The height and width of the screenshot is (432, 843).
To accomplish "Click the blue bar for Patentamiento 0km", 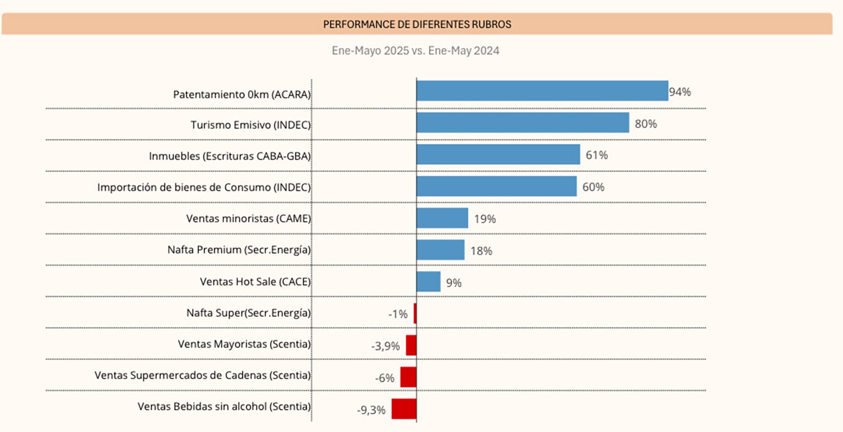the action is (542, 91).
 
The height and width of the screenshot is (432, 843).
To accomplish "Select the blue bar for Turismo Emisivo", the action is (522, 123).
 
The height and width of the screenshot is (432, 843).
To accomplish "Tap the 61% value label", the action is (597, 155).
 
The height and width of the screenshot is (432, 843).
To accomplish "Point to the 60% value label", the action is (593, 187).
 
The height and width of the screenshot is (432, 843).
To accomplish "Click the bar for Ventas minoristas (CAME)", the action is (442, 218).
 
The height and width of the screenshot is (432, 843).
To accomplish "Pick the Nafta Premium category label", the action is (239, 250).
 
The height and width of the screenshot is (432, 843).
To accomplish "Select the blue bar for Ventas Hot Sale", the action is (429, 282).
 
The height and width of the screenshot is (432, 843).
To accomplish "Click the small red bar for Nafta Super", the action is (415, 313).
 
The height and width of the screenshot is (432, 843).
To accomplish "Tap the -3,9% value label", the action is (385, 346).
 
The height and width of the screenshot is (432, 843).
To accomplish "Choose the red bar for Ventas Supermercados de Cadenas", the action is (408, 377).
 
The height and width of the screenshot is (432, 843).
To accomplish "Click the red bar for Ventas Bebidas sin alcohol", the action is (404, 409).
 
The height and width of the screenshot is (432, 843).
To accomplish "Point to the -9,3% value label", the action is (371, 410).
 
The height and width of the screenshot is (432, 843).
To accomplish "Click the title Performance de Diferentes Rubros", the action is (417, 24).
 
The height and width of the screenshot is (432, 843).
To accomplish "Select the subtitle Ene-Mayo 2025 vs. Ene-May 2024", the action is (415, 51).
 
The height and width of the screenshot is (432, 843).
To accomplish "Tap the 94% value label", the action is (680, 92).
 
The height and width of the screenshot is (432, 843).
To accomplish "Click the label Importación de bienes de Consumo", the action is (204, 188).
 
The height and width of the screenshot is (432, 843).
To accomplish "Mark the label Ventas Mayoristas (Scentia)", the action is (244, 344).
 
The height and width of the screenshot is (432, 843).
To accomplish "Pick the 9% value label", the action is (454, 283).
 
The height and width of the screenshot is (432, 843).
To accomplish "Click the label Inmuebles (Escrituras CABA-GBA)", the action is (230, 156).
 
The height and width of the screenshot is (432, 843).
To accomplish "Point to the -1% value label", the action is (398, 314).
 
